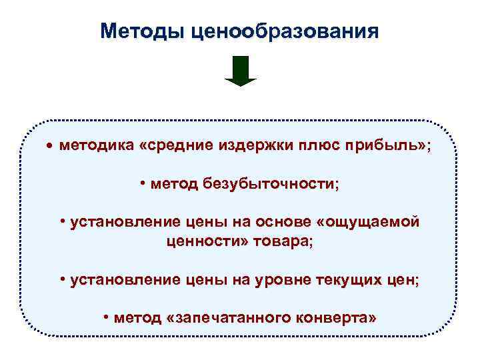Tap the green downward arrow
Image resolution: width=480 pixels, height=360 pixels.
[x=240, y=71]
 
